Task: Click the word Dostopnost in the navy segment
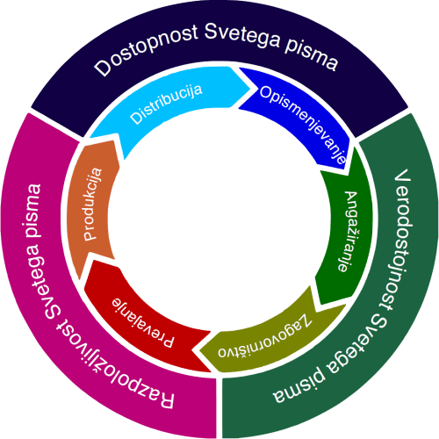[147, 51]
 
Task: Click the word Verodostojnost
[401, 239]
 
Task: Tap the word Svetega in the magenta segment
[39, 279]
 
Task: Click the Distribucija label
[166, 104]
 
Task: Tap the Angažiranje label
[348, 231]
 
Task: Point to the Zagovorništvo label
[264, 336]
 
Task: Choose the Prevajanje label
[143, 322]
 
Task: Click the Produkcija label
[93, 205]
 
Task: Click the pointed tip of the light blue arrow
[250, 88]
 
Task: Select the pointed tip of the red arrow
[191, 349]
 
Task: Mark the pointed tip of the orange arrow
[80, 279]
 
